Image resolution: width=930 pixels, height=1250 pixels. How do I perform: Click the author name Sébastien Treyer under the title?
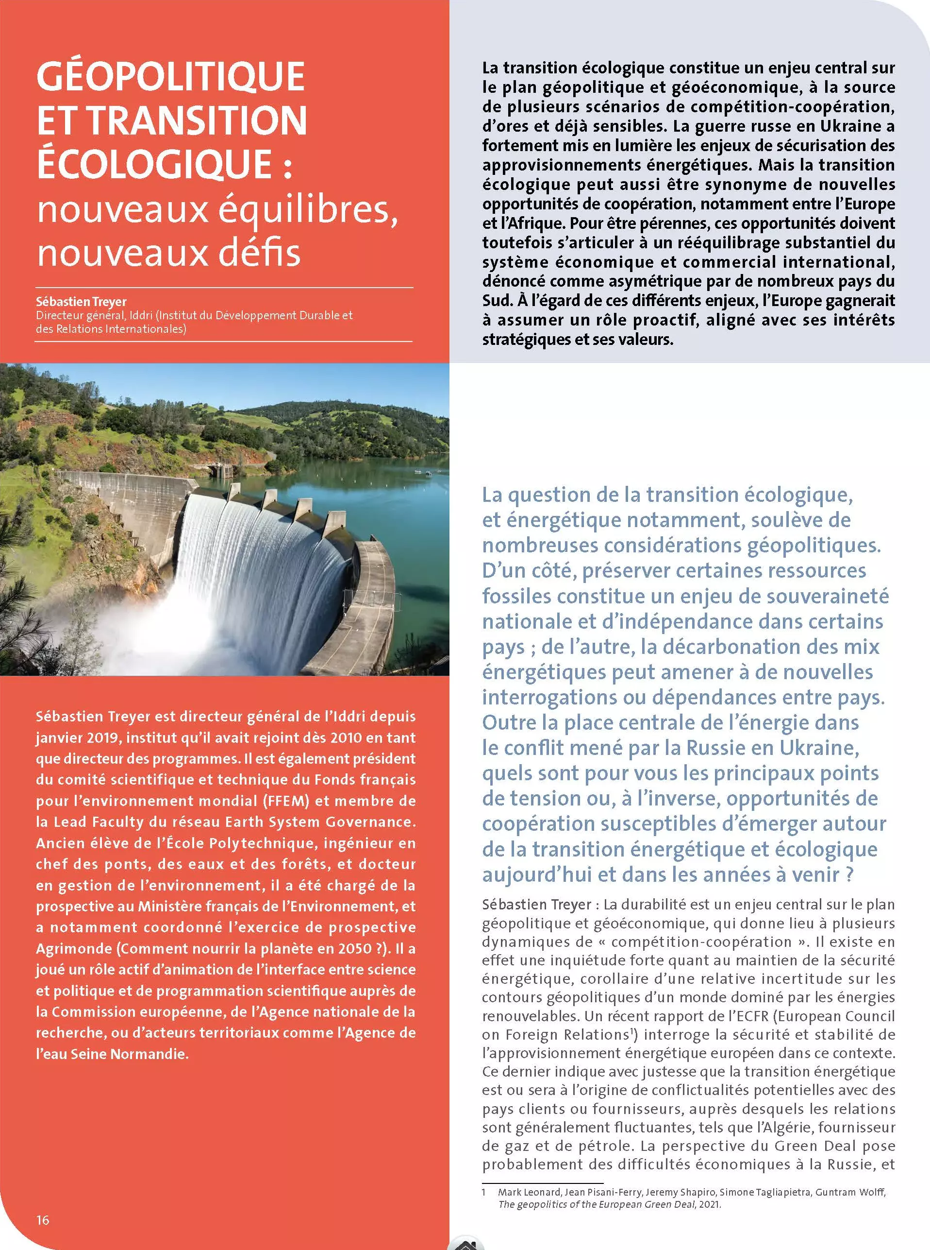point(81,302)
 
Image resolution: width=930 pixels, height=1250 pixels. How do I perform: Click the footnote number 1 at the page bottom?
point(484,1192)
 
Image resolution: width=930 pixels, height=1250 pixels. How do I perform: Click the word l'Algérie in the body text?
point(773,1127)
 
